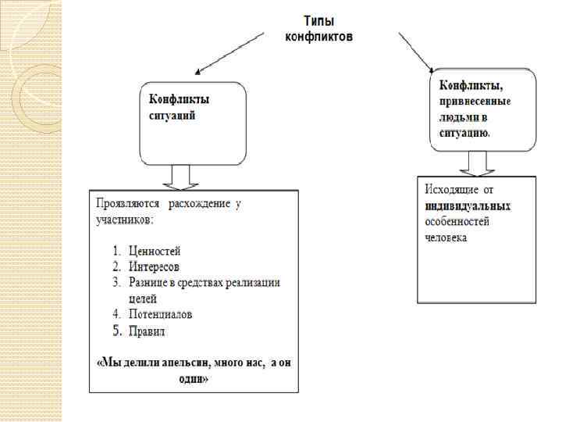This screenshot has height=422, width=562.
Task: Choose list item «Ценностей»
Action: [154, 251]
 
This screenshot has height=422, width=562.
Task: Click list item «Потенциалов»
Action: [161, 314]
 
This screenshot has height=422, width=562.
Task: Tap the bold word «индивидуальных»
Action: [468, 206]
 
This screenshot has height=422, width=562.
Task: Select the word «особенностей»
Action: [457, 221]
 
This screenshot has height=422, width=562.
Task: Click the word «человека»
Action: [446, 237]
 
